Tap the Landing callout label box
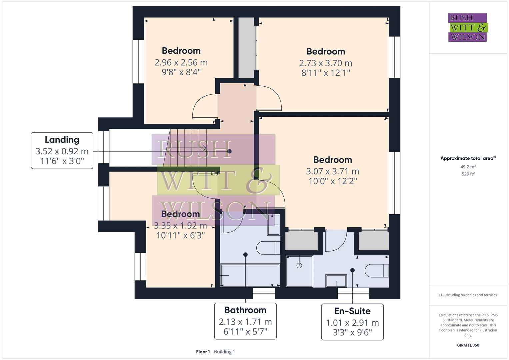pos(62,151)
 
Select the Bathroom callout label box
pos(245,321)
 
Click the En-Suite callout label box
pos(352,322)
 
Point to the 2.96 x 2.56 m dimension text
pos(181,62)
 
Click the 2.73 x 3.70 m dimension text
pos(325,63)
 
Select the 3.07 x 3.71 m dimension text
pos(332,171)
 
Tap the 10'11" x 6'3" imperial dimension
pos(180,235)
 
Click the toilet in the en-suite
pos(377,271)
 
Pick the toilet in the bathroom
pos(268,248)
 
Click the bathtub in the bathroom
pos(250,275)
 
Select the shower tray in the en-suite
pos(299,271)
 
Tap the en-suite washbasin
pos(336,281)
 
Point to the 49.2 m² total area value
pos(468,167)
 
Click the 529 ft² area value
pos(468,174)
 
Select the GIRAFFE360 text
pos(468,345)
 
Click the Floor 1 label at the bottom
pos(203,352)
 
